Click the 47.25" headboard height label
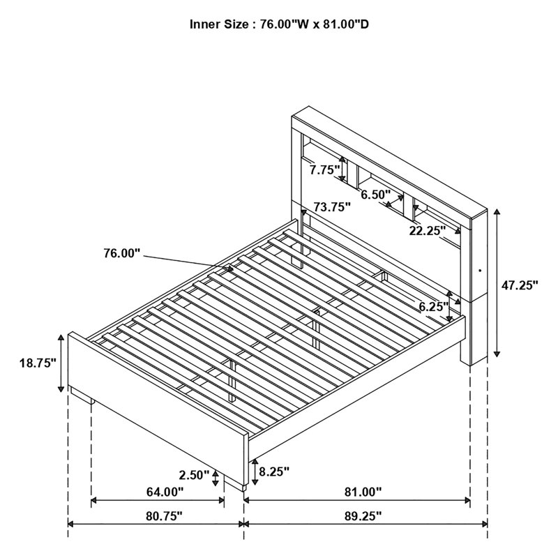tap(520, 285)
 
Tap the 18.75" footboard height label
tap(38, 363)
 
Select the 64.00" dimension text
tap(165, 492)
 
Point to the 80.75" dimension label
tap(164, 516)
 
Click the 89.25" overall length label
tap(363, 516)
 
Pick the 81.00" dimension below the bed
tap(363, 492)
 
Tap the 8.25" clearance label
tap(274, 472)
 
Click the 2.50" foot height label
tap(194, 475)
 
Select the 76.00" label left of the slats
tap(121, 253)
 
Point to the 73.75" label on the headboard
tap(332, 206)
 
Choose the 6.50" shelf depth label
tap(376, 195)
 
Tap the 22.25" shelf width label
tap(427, 231)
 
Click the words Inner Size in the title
tap(219, 24)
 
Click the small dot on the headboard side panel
tap(480, 271)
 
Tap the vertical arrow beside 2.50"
tap(216, 478)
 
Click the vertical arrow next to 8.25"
tap(255, 472)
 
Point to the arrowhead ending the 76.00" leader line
tap(230, 269)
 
